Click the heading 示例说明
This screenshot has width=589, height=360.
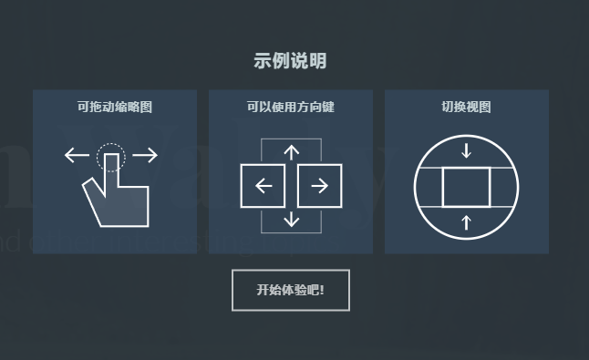(x=290, y=61)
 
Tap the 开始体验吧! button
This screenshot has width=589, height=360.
(x=291, y=290)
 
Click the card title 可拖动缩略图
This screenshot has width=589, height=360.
(x=115, y=107)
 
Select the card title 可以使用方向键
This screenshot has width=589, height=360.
(x=290, y=107)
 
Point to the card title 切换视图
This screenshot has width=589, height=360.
(x=466, y=107)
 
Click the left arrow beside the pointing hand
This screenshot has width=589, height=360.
(x=77, y=155)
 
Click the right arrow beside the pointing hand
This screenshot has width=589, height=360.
(x=145, y=155)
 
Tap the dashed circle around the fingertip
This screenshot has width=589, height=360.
(x=111, y=144)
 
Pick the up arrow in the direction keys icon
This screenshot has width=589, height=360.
(x=292, y=153)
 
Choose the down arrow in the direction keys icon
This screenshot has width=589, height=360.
(x=292, y=220)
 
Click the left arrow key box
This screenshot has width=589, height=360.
(x=263, y=185)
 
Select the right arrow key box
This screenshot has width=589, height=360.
(x=320, y=185)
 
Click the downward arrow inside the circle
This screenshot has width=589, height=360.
(x=466, y=150)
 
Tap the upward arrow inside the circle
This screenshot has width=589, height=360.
(x=466, y=222)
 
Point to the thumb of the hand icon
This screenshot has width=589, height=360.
(x=91, y=188)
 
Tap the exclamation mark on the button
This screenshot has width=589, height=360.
(x=322, y=290)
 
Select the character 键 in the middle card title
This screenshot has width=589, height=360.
(x=328, y=107)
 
